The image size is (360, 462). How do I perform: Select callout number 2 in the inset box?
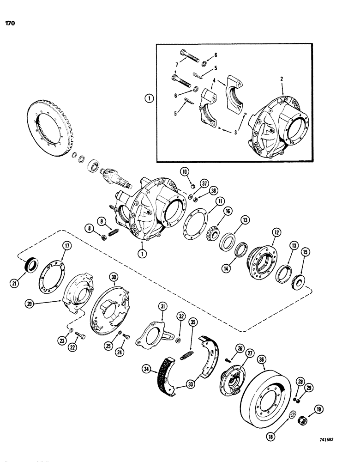(281, 78)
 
